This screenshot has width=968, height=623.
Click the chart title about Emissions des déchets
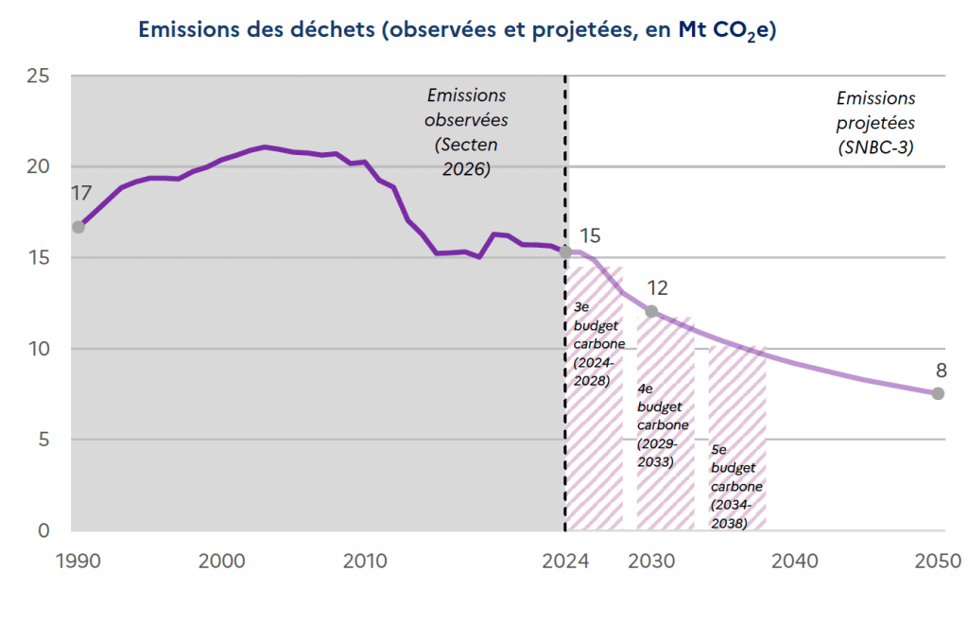[458, 29]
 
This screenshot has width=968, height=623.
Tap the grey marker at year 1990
[78, 227]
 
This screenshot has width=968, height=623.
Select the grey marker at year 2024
[565, 251]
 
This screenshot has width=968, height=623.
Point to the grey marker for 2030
[651, 311]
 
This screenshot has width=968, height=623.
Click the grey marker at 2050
[938, 393]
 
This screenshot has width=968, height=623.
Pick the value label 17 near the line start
[81, 193]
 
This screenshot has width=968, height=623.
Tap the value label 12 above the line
[658, 287]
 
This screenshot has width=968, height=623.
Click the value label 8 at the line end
[941, 371]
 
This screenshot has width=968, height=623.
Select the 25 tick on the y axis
[38, 76]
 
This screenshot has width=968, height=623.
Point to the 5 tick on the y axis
[43, 440]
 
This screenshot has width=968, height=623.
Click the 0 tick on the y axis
[43, 530]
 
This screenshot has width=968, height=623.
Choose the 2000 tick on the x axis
[221, 562]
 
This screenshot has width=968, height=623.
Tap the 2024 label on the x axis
[565, 562]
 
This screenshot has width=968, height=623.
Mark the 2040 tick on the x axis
[794, 562]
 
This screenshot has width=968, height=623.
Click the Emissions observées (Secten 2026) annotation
[466, 132]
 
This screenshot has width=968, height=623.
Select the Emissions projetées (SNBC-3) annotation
[876, 123]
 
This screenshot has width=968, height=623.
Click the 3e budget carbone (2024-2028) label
[598, 343]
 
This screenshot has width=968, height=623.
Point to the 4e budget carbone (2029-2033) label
[663, 424]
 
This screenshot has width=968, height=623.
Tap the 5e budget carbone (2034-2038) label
[735, 487]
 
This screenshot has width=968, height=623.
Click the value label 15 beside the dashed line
[590, 235]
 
